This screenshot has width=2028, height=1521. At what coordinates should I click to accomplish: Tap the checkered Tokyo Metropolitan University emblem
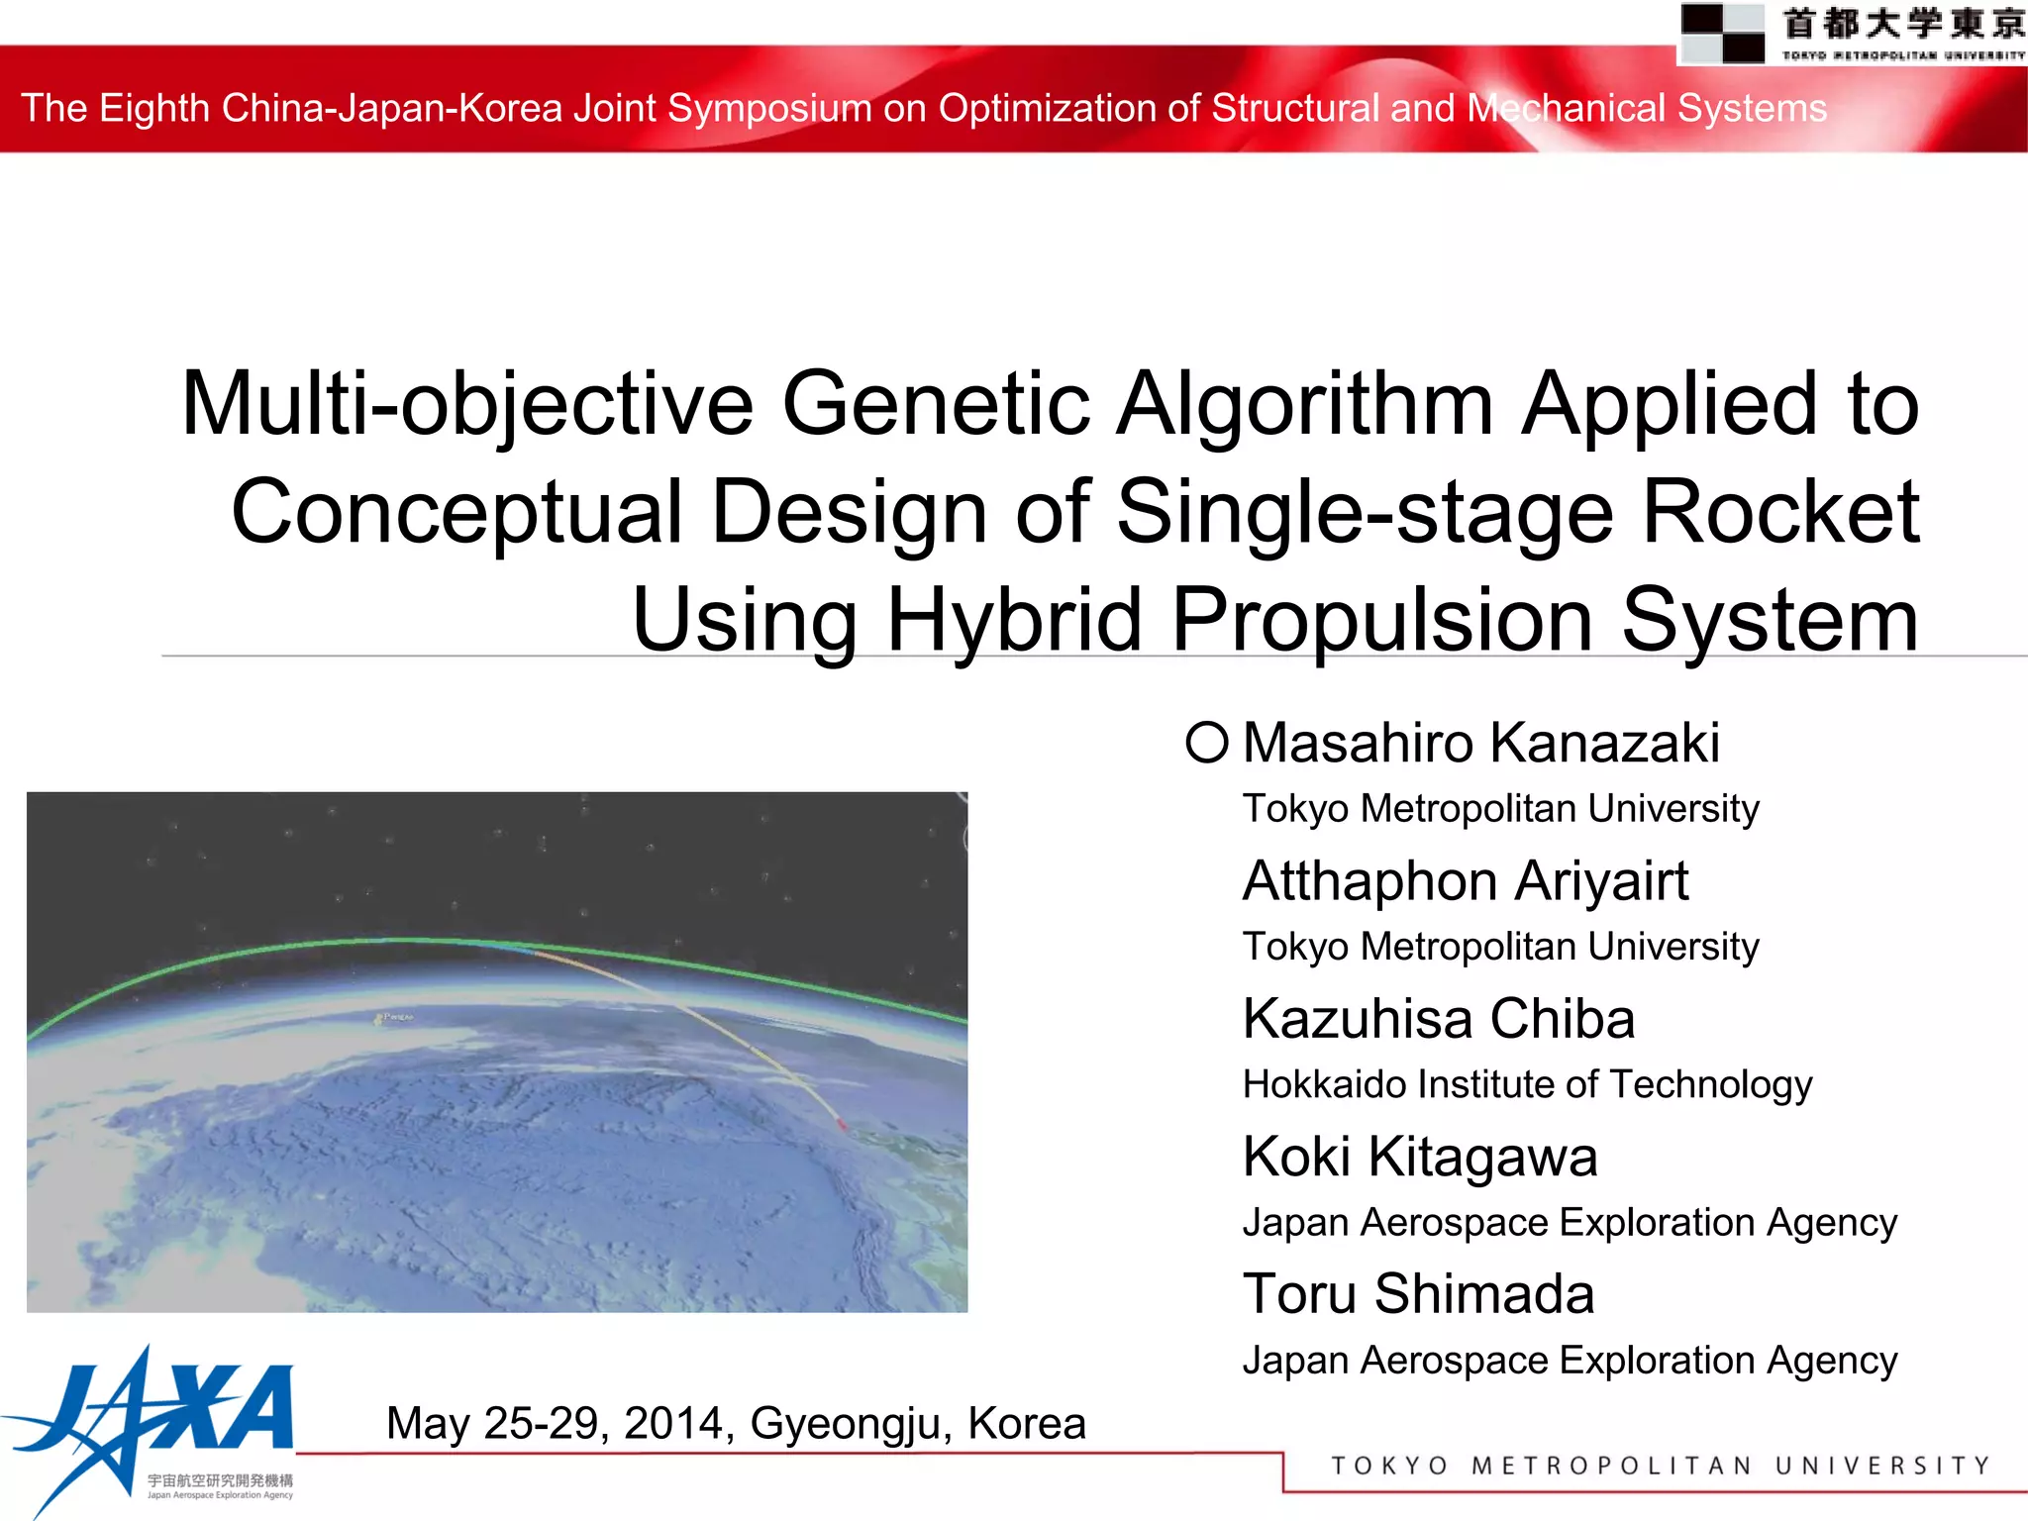click(x=1722, y=33)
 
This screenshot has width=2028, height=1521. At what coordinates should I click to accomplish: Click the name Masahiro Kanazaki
click(x=1480, y=743)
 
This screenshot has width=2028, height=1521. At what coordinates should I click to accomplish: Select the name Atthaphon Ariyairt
click(x=1465, y=880)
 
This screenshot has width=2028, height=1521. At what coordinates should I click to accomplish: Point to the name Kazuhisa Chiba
click(x=1438, y=1018)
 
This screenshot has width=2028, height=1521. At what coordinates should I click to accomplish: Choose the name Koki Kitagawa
click(x=1420, y=1157)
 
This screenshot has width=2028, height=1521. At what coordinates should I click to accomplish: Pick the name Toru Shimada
click(x=1418, y=1294)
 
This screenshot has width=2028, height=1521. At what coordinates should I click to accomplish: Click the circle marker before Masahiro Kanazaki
click(x=1207, y=742)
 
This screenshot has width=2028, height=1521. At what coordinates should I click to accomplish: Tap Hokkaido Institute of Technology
click(x=1527, y=1084)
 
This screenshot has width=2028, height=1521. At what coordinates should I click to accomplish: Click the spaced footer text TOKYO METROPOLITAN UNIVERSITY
click(x=1660, y=1466)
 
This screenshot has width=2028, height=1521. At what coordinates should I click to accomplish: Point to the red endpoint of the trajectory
click(x=842, y=1126)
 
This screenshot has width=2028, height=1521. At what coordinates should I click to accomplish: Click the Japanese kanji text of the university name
click(x=1903, y=24)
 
